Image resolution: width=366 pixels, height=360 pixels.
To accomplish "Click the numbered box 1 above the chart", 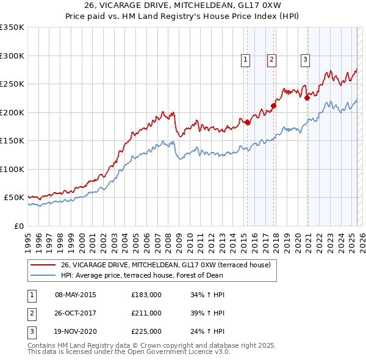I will click(x=245, y=60).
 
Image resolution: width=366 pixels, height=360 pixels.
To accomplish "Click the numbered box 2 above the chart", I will click(x=271, y=60).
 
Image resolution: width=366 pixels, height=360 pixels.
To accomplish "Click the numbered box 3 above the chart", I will click(x=304, y=60).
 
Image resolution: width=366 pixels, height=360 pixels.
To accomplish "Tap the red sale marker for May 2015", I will click(x=248, y=122).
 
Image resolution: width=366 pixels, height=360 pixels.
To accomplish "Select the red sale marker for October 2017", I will click(x=274, y=106).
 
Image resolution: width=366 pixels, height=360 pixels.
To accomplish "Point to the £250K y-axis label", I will click(x=12, y=84).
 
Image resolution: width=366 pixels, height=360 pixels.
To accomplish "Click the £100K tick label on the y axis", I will click(x=12, y=169).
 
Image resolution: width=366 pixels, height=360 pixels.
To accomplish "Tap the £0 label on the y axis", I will click(x=18, y=226).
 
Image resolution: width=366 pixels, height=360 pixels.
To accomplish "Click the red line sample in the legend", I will click(x=42, y=265).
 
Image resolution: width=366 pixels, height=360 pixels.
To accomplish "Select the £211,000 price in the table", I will click(x=146, y=313).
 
